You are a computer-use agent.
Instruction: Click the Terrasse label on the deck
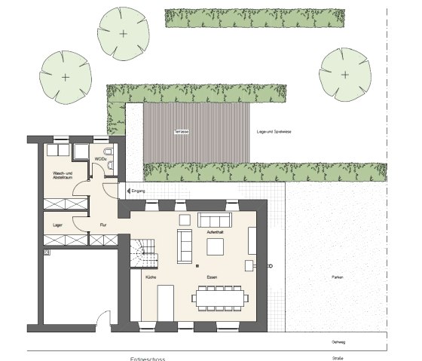(x=181, y=132)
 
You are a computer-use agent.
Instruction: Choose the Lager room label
(x=57, y=225)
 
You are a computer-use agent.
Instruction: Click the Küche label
(x=151, y=278)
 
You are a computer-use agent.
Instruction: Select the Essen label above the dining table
(x=213, y=278)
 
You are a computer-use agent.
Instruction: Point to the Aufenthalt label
(x=216, y=233)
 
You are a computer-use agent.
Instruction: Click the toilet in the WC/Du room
(x=111, y=159)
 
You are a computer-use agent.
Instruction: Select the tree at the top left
(x=123, y=33)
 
